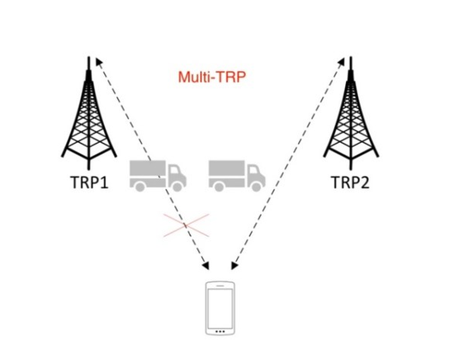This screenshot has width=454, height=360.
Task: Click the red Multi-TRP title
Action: point(212,78)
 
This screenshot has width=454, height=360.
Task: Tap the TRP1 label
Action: point(89,182)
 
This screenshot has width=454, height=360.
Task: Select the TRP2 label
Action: point(350,182)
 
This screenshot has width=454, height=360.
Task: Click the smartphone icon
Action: point(220,308)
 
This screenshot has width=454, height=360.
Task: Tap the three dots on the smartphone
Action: point(220,331)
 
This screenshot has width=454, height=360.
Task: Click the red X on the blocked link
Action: point(186,225)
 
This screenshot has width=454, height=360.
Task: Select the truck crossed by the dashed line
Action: point(158,176)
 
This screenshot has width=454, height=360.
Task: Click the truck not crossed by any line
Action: point(237,176)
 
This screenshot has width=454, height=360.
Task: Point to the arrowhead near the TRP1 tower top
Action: point(99,61)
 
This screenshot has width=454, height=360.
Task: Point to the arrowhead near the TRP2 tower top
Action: point(341,61)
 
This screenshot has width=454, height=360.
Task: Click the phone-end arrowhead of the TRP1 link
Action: point(206,266)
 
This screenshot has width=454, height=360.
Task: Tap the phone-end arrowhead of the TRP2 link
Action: point(234,266)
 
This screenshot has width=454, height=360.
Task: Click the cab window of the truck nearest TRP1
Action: point(174,170)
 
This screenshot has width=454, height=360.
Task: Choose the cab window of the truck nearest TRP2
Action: point(253,170)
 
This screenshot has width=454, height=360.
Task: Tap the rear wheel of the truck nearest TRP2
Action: point(219,187)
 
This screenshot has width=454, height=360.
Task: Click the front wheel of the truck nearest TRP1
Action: point(177,187)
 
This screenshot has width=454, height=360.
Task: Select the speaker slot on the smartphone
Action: point(220,286)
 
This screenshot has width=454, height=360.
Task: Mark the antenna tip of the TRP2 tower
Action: point(351,57)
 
